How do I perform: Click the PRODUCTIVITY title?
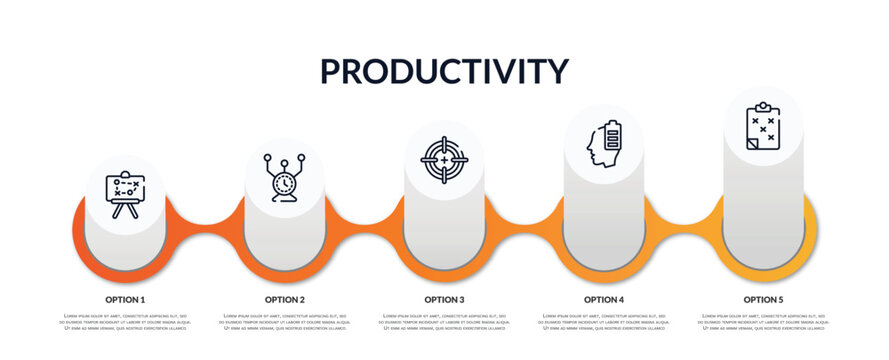pos(444,71)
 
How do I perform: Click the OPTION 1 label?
pos(125,299)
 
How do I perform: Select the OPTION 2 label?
pos(285,299)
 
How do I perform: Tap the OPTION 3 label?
pos(444,299)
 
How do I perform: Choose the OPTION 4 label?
pos(604,299)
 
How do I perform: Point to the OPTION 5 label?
pos(763,299)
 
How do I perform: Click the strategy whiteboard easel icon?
pos(125,194)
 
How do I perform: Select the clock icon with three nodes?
pos(284,177)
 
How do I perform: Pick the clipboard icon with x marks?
pos(763,126)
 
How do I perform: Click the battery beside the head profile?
pos(612,136)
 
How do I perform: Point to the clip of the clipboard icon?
pos(763,106)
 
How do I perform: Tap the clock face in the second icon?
pos(284,182)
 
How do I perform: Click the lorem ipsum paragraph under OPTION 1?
pos(125,322)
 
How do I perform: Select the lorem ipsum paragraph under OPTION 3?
pos(444,322)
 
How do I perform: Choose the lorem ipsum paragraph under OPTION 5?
pos(763,322)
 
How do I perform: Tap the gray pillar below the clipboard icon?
pos(763,210)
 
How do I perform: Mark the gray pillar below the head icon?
pos(604,220)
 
